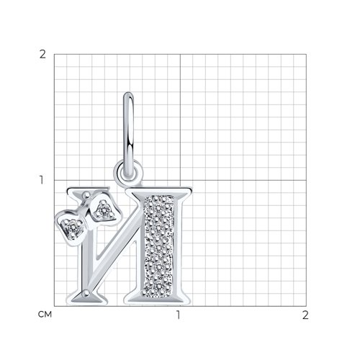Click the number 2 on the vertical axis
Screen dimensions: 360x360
click(x=42, y=55)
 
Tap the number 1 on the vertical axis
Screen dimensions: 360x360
click(x=42, y=180)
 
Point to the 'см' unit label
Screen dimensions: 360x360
click(x=45, y=314)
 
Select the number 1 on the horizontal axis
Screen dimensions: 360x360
click(x=178, y=315)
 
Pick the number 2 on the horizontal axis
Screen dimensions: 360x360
click(x=305, y=315)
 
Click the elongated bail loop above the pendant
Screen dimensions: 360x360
click(x=129, y=135)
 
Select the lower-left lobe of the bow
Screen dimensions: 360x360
click(x=71, y=228)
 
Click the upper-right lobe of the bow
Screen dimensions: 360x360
click(x=104, y=210)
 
